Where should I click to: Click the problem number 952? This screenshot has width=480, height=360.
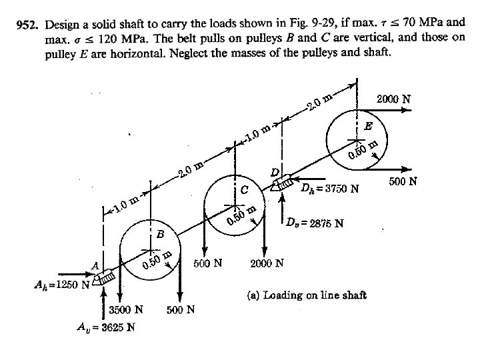pos(27,25)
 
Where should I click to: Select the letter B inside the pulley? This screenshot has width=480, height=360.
pos(160,235)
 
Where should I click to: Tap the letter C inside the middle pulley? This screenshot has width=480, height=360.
pos(244,190)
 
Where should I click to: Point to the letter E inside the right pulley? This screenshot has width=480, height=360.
pos(369,126)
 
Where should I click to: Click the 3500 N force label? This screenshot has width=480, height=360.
pos(126,310)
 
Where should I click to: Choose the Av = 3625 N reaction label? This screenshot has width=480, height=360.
pos(105,327)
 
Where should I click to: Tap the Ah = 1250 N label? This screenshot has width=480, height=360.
pos(62,285)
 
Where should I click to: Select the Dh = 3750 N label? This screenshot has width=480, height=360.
pos(330,187)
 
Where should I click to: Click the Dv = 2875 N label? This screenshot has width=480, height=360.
pos(315,223)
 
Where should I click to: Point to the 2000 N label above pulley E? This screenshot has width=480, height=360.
pos(393,99)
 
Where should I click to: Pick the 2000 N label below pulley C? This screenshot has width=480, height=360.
pos(267,263)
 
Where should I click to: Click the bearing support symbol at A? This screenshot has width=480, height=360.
pos(105,278)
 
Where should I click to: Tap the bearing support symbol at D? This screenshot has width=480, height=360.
pos(282,182)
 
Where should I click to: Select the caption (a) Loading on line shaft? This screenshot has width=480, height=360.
pos(307,295)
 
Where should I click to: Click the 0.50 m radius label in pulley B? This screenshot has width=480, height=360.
pos(157,261)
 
